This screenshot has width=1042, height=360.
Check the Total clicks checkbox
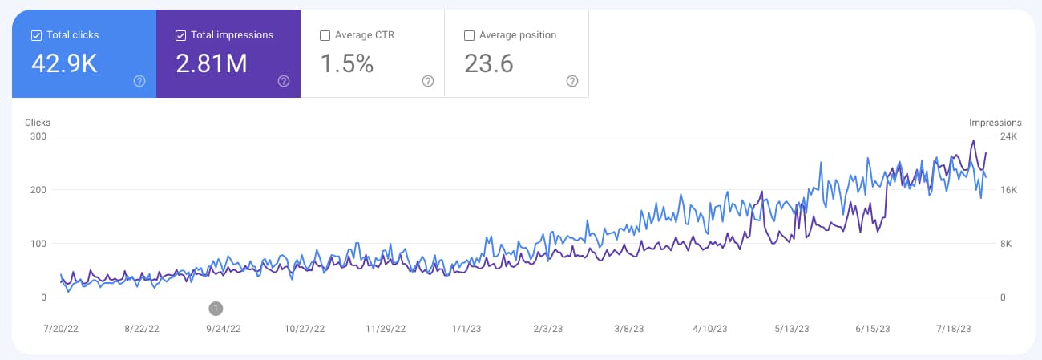pos(36,35)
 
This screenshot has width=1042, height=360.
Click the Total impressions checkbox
pos(180,35)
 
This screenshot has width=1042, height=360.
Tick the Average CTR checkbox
pos(325,35)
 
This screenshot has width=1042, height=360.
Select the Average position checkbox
pos(469,35)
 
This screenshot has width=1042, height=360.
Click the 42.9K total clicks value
pos(64,64)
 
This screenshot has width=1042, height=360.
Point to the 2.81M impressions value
pos(212,64)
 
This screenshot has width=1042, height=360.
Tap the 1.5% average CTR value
pos(347,64)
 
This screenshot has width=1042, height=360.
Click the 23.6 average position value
pos(489,64)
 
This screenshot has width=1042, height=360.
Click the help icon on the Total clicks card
pos(139,81)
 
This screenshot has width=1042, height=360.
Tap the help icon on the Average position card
pos(572,81)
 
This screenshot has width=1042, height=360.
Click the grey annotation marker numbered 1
pos(216,308)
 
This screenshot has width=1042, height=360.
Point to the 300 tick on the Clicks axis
pos(38,136)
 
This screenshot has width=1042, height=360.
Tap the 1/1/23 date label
pos(466,329)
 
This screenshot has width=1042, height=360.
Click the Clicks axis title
pos(38,123)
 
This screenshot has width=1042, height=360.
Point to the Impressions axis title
pos(996,123)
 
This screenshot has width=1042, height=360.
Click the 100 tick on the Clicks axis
pos(38,244)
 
